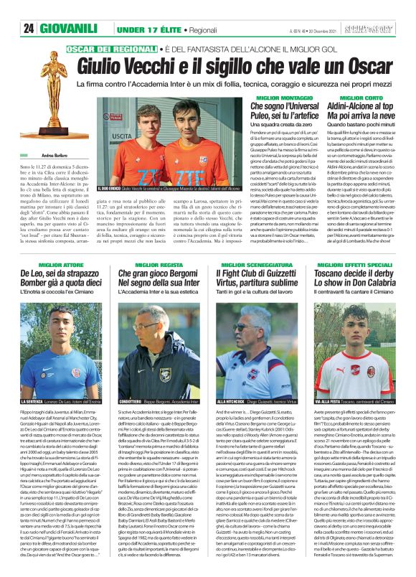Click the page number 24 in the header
(29, 28)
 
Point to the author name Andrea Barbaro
(33, 155)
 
